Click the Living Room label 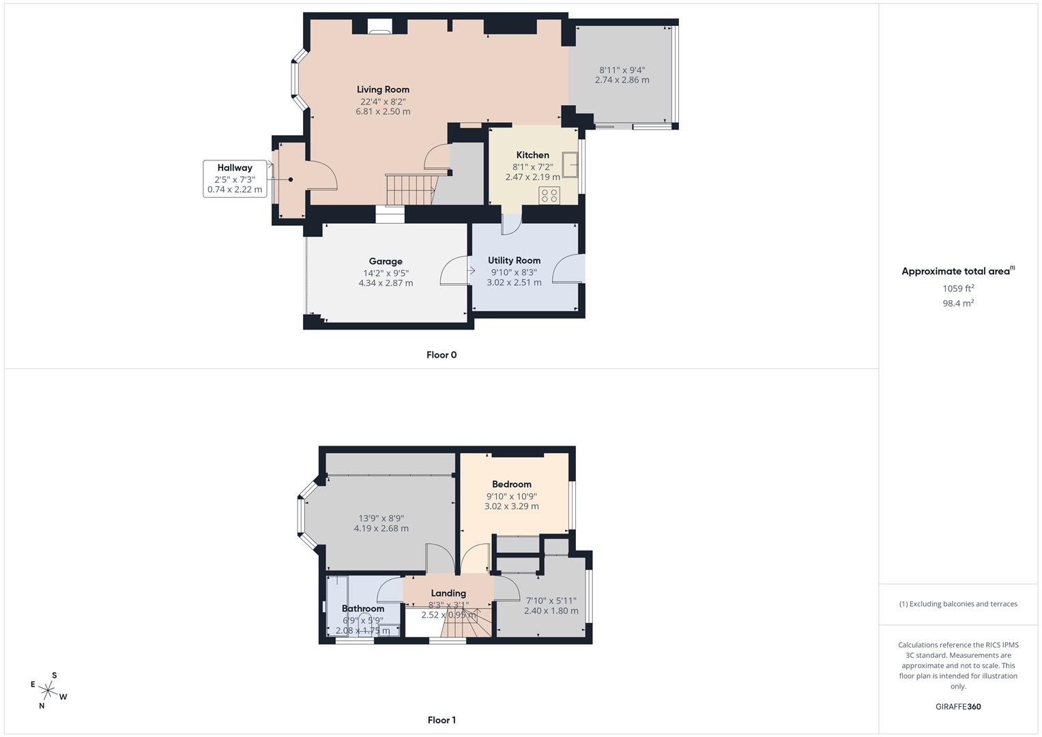(x=383, y=89)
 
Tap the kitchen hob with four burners (x=549, y=195)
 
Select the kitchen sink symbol (x=569, y=162)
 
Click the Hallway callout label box (x=234, y=178)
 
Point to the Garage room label (x=386, y=261)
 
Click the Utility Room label (x=514, y=261)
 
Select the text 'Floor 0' (x=441, y=355)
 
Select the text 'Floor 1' (x=441, y=720)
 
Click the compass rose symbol (x=49, y=691)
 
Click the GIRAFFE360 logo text (x=958, y=707)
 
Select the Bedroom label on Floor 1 (x=511, y=485)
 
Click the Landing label (x=448, y=593)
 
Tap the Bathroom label (x=362, y=609)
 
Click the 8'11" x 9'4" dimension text (x=622, y=70)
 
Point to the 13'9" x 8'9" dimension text (x=381, y=518)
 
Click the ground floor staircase (x=410, y=189)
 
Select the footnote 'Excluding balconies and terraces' (x=958, y=604)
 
